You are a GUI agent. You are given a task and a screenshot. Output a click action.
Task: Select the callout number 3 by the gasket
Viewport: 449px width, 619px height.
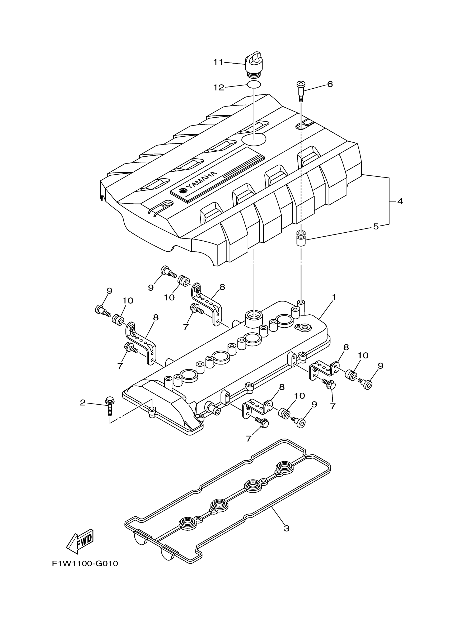[286, 528]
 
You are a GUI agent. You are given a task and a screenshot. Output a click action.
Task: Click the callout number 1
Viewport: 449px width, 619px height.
[334, 297]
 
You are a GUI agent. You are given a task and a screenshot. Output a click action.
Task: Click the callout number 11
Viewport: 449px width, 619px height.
[218, 62]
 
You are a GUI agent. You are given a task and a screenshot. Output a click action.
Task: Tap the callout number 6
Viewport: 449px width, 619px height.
[330, 84]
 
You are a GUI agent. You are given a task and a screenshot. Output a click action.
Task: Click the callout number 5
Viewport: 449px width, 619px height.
[376, 226]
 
